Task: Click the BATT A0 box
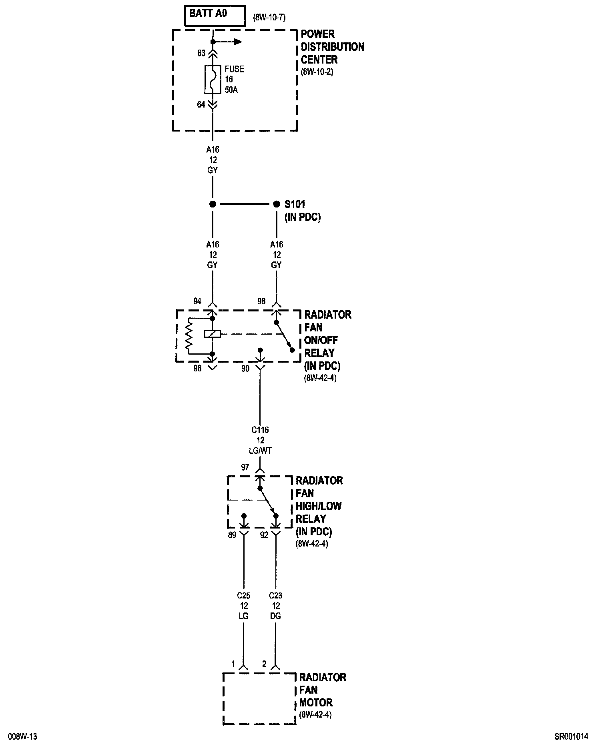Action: tap(215, 16)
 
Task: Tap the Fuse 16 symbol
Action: tap(213, 79)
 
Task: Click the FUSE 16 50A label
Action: tap(234, 79)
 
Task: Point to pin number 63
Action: tap(201, 53)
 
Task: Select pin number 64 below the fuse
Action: tap(201, 104)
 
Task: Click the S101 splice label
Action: tap(295, 204)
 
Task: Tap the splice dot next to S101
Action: tap(276, 204)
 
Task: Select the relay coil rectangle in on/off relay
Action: tap(212, 334)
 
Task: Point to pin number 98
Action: tap(261, 301)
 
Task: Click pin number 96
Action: tap(197, 369)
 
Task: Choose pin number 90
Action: tap(245, 369)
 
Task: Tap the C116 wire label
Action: tap(260, 430)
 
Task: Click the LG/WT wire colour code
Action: tap(260, 451)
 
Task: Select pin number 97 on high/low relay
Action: tap(245, 467)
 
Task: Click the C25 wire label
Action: tap(243, 596)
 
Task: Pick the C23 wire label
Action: tap(275, 596)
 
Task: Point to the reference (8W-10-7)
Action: tap(269, 18)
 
